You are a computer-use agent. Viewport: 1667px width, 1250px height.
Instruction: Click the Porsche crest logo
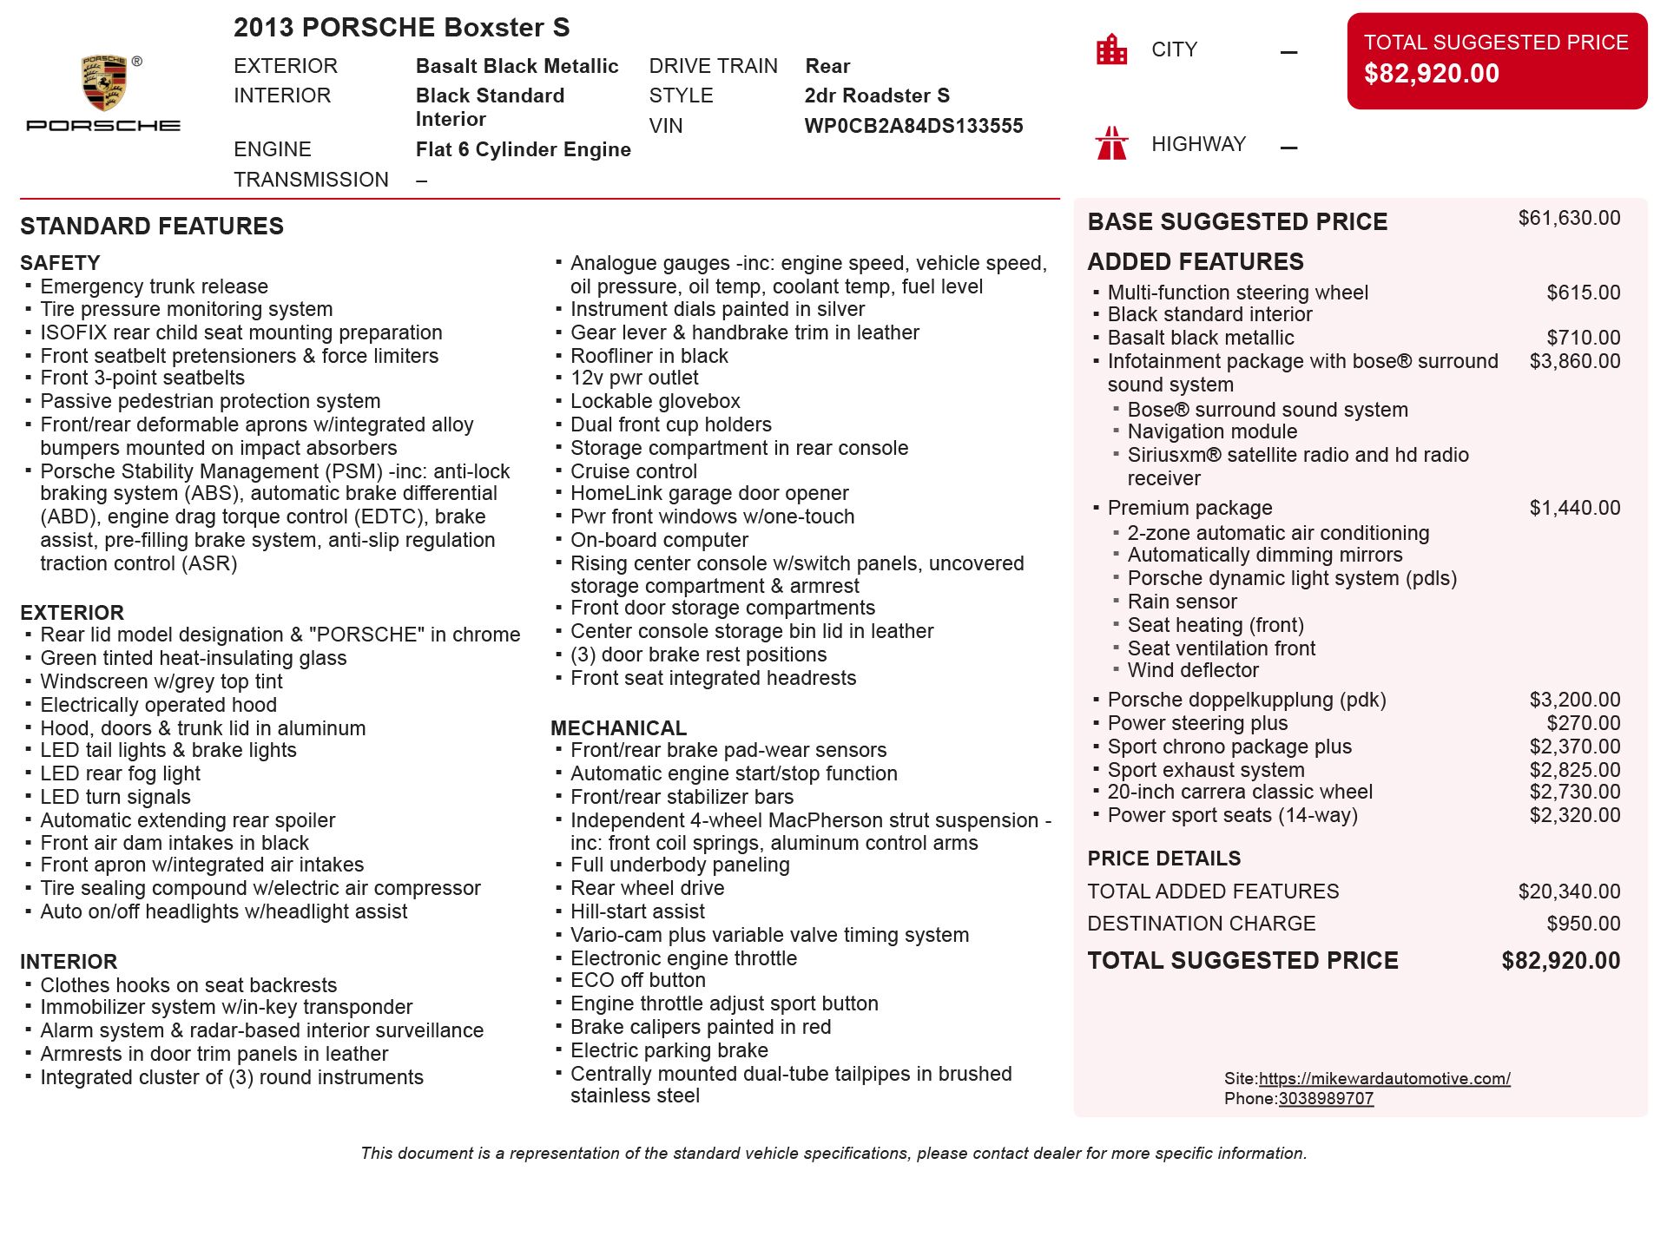pyautogui.click(x=104, y=83)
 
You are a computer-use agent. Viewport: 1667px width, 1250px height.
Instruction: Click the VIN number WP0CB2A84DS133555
pyautogui.click(x=913, y=126)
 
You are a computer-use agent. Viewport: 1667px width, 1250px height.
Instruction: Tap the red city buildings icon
pyautogui.click(x=1111, y=49)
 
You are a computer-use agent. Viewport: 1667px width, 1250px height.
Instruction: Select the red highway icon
pyautogui.click(x=1111, y=144)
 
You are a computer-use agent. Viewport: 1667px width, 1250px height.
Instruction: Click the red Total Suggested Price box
pyautogui.click(x=1496, y=61)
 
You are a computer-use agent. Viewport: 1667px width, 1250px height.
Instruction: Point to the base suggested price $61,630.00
pyautogui.click(x=1568, y=218)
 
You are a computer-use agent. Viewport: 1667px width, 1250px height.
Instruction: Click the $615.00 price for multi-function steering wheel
pyautogui.click(x=1583, y=293)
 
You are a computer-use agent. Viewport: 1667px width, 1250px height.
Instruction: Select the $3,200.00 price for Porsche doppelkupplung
pyautogui.click(x=1574, y=700)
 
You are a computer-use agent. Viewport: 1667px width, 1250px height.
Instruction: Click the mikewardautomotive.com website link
pyautogui.click(x=1384, y=1078)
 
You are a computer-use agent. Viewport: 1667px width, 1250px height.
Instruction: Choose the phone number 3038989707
pyautogui.click(x=1326, y=1098)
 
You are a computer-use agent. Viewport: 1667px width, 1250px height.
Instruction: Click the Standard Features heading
pyautogui.click(x=152, y=227)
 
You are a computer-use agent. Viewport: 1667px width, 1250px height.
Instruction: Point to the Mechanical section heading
pyautogui.click(x=618, y=728)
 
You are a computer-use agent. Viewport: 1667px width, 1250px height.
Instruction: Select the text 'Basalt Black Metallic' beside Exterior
pyautogui.click(x=517, y=66)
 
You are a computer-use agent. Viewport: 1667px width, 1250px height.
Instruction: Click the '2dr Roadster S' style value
pyautogui.click(x=877, y=95)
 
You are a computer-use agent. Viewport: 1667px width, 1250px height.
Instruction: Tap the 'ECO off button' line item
pyautogui.click(x=637, y=980)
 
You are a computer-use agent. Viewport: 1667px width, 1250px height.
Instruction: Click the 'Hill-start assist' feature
pyautogui.click(x=637, y=911)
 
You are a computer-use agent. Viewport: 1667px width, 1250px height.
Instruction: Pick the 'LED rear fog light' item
pyautogui.click(x=120, y=773)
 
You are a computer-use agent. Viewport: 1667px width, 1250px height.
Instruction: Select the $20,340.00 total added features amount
pyautogui.click(x=1568, y=891)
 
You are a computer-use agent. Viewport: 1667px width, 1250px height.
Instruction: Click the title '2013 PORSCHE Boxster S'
pyautogui.click(x=401, y=28)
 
